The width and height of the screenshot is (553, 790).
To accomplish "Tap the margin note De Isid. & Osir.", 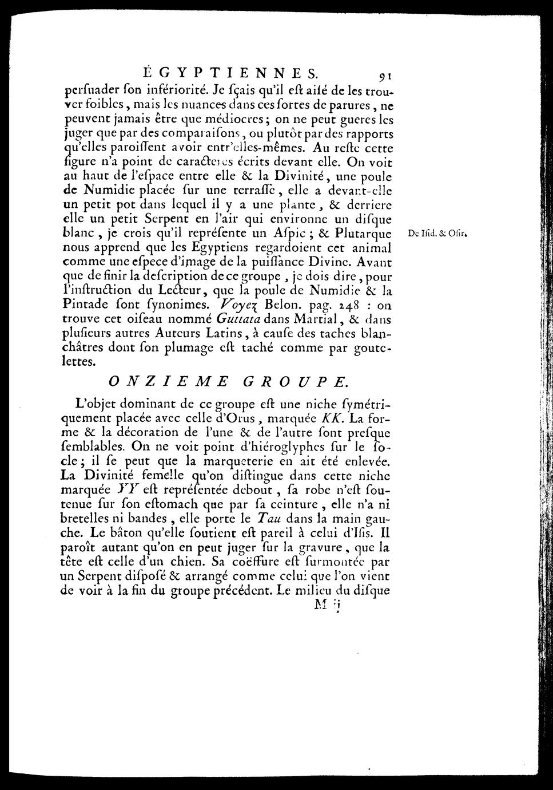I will coord(438,234).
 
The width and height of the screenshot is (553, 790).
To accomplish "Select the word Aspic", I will coord(277,234).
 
